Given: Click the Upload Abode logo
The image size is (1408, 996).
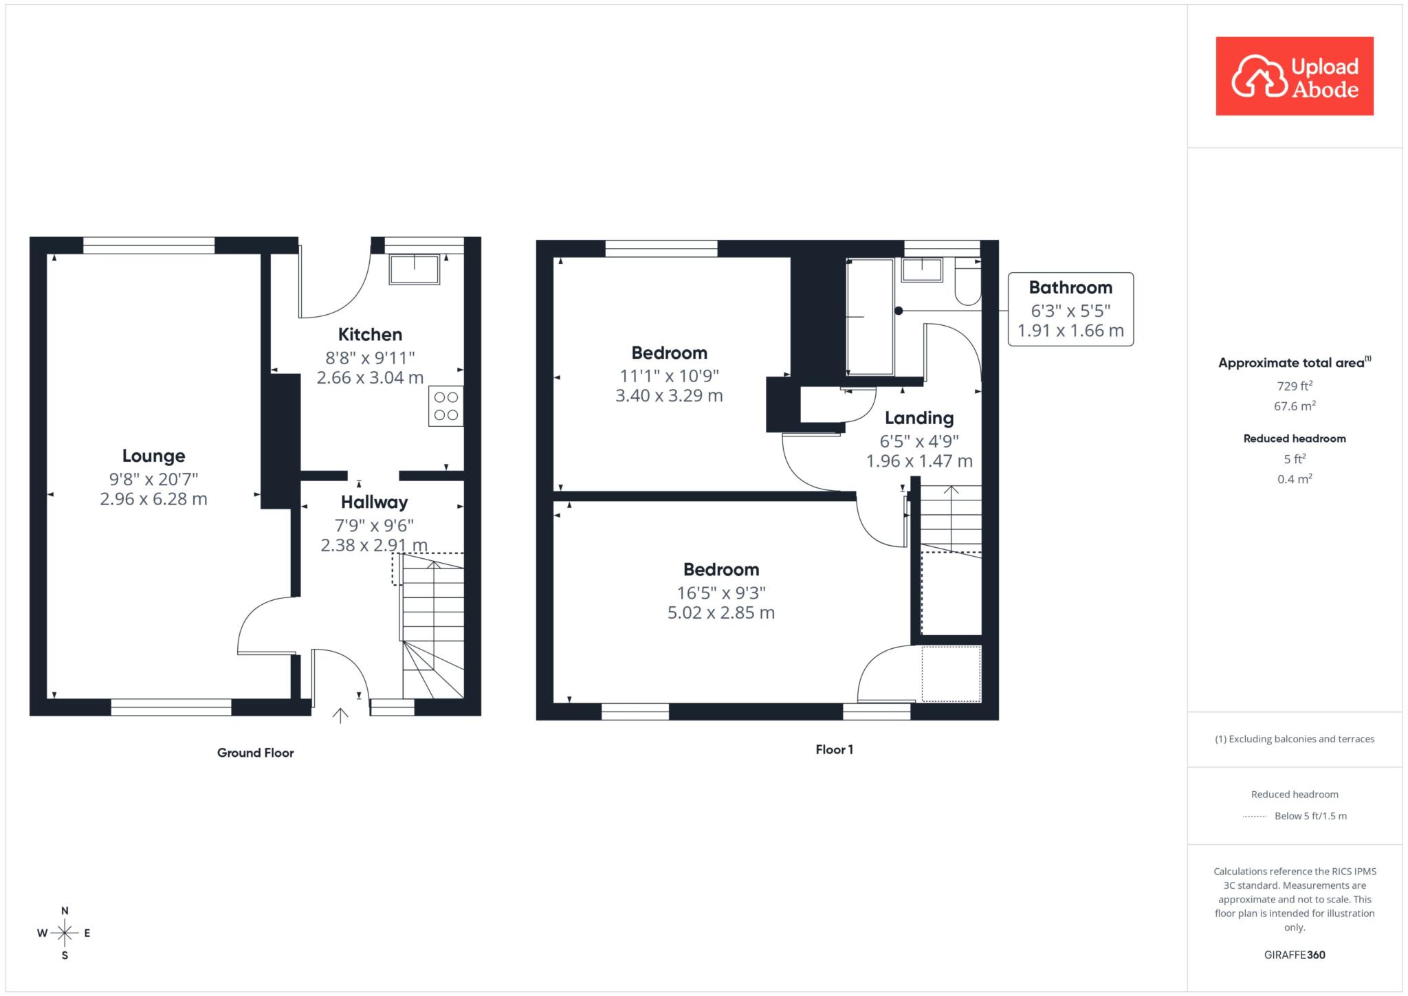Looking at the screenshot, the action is [x=1295, y=76].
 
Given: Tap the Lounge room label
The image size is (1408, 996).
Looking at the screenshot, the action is [x=153, y=456].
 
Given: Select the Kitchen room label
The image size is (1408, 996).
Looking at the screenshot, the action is [x=370, y=335].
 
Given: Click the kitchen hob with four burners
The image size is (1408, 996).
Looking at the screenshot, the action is [x=445, y=406].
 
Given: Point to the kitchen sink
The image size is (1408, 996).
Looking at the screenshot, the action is [x=415, y=269].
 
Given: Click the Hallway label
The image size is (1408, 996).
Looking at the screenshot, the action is [x=374, y=502].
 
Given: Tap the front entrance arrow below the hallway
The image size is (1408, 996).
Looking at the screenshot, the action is [x=340, y=716].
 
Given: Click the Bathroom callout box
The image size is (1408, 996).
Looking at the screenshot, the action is [x=1070, y=309].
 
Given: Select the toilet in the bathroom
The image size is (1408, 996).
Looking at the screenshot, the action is [x=968, y=282].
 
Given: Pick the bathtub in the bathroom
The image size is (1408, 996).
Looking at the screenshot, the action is [x=870, y=317].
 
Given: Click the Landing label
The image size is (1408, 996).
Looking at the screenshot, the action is [x=919, y=418].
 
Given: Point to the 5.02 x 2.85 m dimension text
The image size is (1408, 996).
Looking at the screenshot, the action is [x=721, y=612].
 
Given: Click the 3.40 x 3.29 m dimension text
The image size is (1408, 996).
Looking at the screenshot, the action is [x=669, y=396].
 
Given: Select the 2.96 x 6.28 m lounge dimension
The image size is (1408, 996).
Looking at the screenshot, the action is [x=153, y=499].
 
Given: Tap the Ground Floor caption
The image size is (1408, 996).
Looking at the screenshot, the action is [x=255, y=753].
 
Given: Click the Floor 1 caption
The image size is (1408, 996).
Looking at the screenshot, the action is [x=834, y=749].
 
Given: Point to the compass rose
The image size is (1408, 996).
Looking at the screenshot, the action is [x=65, y=933].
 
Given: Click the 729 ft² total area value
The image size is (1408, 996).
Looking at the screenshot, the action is [x=1295, y=386].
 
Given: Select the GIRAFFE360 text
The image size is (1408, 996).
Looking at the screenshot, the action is [x=1295, y=955].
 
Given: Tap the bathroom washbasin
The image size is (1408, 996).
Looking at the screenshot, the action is [x=922, y=269].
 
